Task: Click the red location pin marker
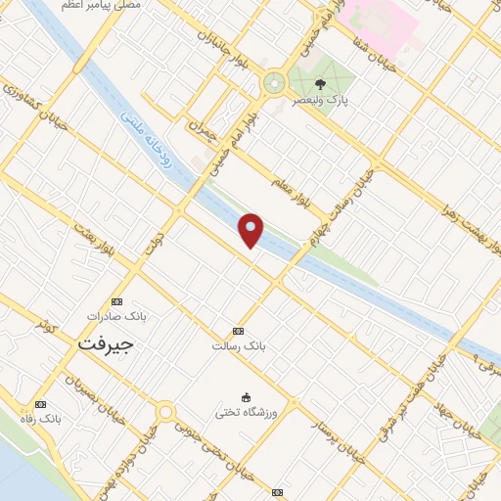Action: [251, 229]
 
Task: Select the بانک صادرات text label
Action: [109, 316]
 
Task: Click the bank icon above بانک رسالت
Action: [239, 331]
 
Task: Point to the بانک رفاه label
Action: [46, 418]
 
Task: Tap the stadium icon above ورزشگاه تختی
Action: [248, 396]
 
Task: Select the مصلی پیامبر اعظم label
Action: [101, 6]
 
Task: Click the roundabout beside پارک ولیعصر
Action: [274, 83]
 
